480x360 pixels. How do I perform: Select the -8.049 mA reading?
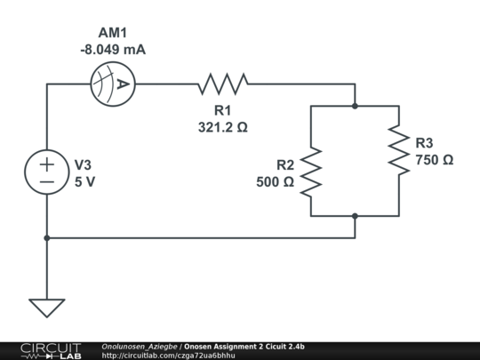coord(112,50)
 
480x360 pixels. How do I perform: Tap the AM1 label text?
coord(112,32)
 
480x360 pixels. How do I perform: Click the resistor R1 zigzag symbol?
coord(222,84)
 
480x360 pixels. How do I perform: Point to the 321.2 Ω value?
coord(222,127)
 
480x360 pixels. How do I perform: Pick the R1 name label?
coord(222,111)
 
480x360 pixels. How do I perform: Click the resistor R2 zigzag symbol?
coord(310,172)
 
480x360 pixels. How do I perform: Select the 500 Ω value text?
coord(276,181)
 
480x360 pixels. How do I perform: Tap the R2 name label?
coord(284,165)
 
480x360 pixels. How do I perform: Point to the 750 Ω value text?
coord(435,160)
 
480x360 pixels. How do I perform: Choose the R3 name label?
coord(425,143)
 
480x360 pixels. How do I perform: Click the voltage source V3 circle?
coord(47,172)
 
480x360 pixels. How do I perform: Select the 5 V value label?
coord(84,181)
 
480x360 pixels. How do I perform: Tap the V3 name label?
coord(82,165)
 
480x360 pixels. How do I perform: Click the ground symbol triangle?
coord(47,308)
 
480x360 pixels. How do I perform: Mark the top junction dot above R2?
coord(355,106)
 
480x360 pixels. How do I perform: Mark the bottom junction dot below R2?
coord(355,215)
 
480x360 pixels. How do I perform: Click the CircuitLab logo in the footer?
coord(50,350)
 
